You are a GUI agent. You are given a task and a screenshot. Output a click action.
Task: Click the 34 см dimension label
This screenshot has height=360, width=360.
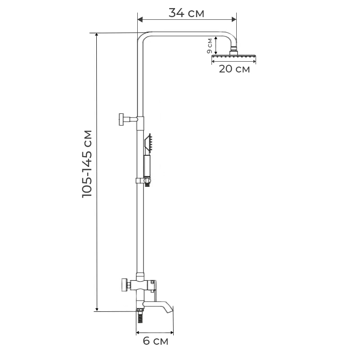[x=186, y=13]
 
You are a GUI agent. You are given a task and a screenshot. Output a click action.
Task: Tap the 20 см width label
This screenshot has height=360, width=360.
[x=234, y=69]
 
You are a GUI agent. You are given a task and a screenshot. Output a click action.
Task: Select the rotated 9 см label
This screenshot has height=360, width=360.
[x=210, y=45]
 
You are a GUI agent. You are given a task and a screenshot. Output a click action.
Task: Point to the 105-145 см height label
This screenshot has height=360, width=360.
[x=87, y=164]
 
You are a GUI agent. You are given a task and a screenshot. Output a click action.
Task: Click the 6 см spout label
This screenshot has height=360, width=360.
[x=155, y=341]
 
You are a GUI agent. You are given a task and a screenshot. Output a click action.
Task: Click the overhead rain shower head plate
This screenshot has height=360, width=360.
[x=234, y=56]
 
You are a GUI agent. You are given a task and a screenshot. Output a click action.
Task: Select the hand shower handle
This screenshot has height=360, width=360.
[x=147, y=166]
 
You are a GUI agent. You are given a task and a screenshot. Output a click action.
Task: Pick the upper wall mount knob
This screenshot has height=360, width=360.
[x=121, y=119]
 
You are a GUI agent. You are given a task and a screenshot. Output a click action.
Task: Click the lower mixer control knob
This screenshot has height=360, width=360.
[x=125, y=285]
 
